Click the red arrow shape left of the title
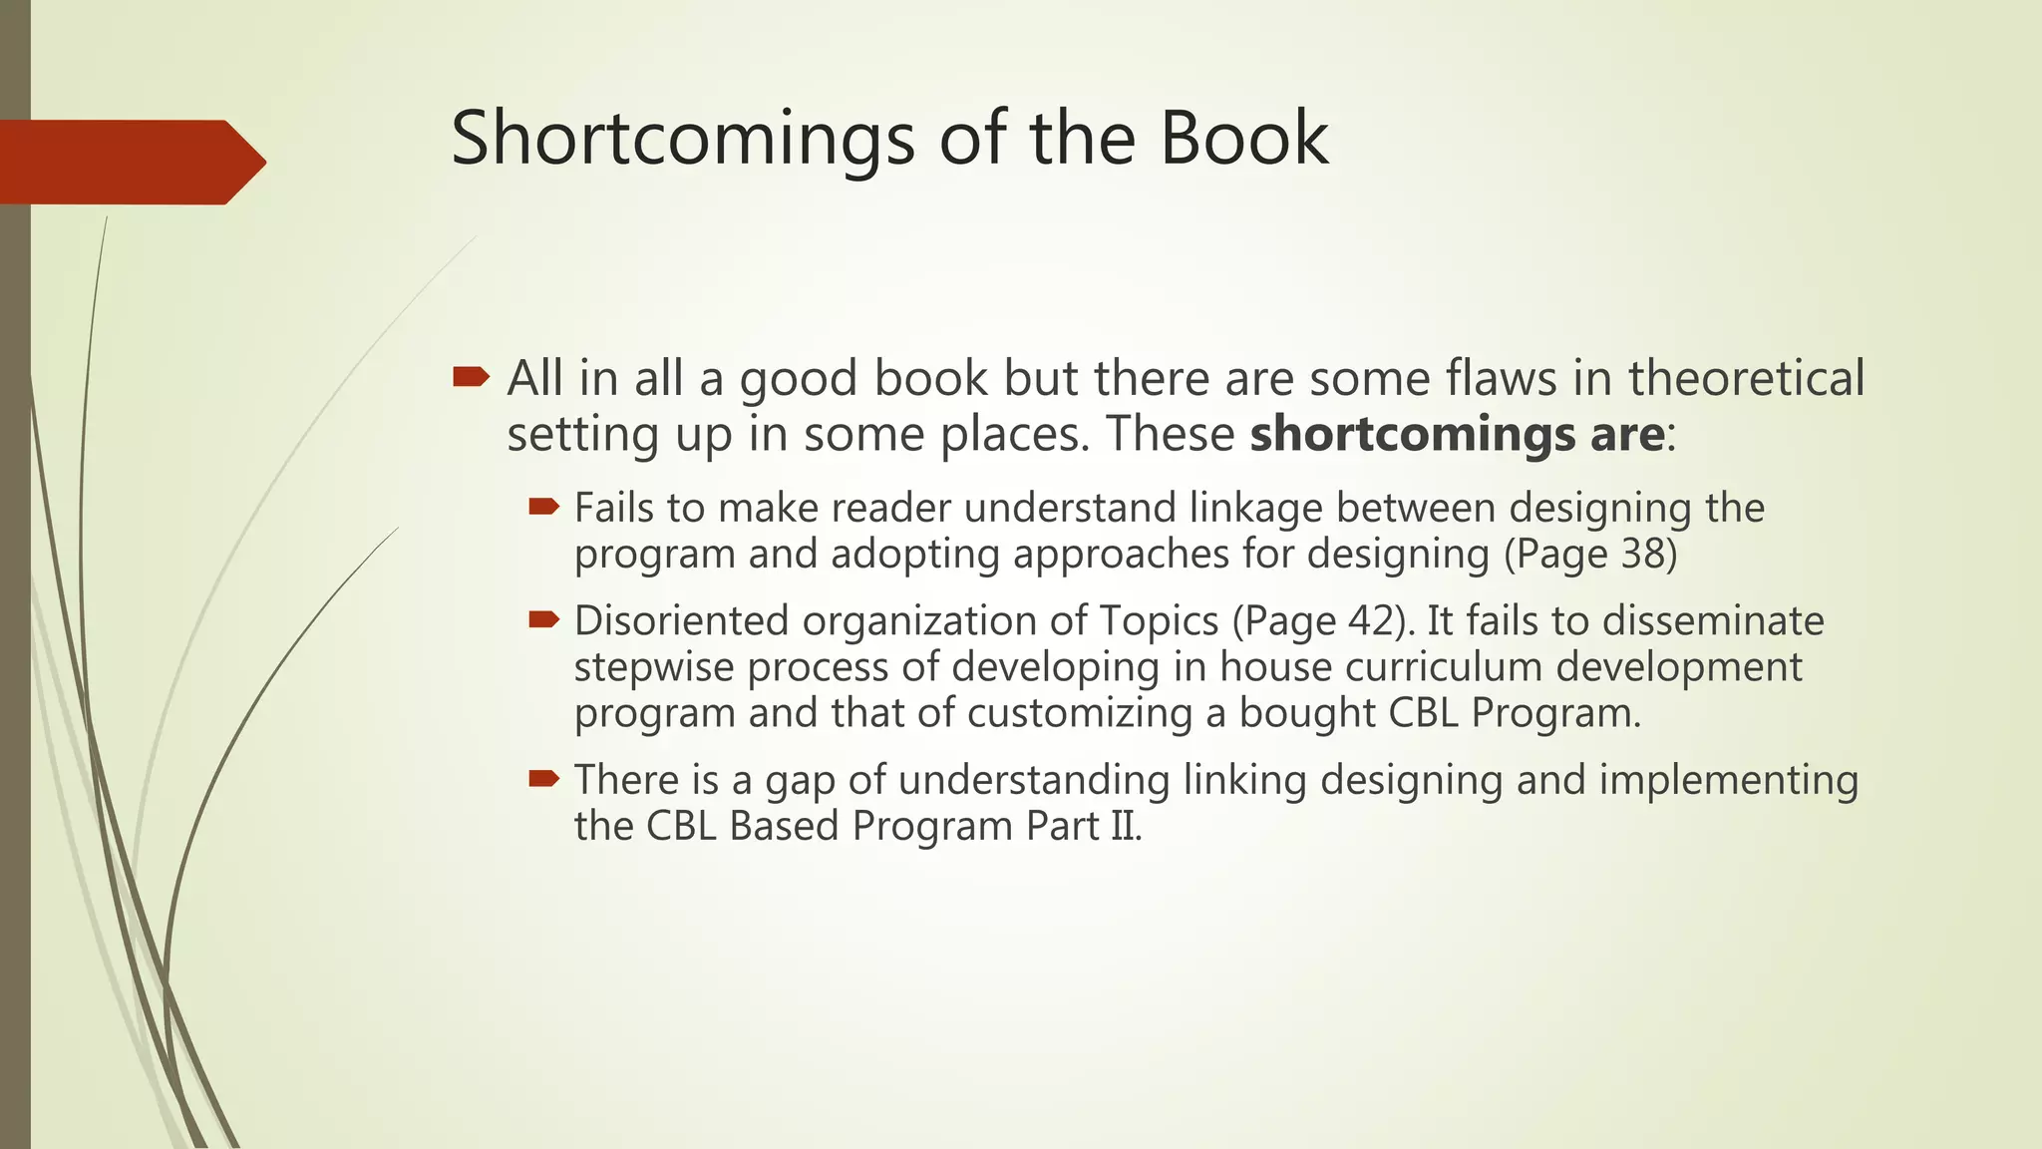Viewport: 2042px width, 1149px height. click(x=130, y=162)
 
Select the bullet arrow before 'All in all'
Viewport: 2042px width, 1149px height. click(x=471, y=377)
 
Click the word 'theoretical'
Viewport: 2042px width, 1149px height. click(x=1746, y=378)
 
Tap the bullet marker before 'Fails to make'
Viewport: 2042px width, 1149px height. click(x=543, y=507)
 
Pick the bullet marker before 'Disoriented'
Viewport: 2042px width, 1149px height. click(x=543, y=619)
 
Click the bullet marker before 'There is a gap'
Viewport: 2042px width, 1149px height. click(x=543, y=778)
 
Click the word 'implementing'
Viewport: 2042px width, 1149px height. click(x=1728, y=780)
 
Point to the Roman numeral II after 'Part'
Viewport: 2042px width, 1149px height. click(x=1125, y=826)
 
